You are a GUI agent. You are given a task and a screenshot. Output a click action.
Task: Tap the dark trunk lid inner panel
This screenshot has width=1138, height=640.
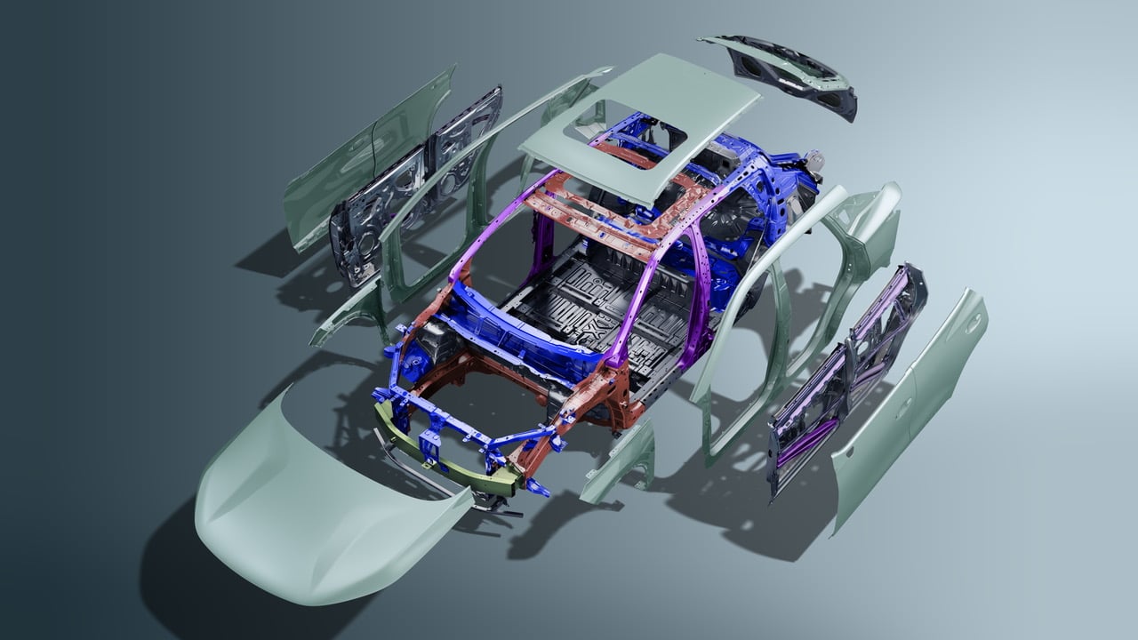click(x=782, y=76)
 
